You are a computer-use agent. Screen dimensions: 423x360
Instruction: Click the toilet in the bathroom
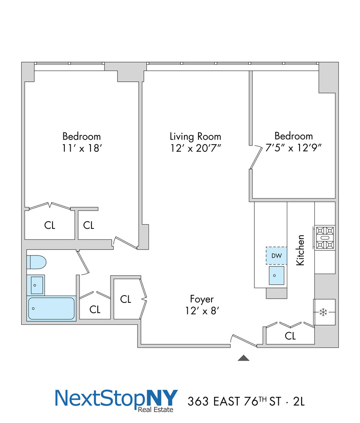click(x=36, y=262)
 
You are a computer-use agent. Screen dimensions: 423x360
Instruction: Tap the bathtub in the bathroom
click(x=51, y=308)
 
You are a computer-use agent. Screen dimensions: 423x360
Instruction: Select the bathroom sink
click(x=36, y=285)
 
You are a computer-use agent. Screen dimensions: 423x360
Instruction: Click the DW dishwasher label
click(x=276, y=255)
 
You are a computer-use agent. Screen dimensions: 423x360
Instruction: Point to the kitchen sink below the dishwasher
click(x=276, y=276)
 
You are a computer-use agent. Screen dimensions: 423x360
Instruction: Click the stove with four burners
click(x=324, y=238)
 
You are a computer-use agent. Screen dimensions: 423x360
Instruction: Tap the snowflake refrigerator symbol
click(x=324, y=313)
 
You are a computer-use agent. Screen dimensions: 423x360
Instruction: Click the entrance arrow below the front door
click(x=243, y=358)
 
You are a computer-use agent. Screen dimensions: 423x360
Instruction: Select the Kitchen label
click(x=300, y=250)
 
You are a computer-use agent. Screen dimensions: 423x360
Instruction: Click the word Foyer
click(x=201, y=299)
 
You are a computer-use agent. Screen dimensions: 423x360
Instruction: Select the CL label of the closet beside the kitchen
click(x=290, y=336)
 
